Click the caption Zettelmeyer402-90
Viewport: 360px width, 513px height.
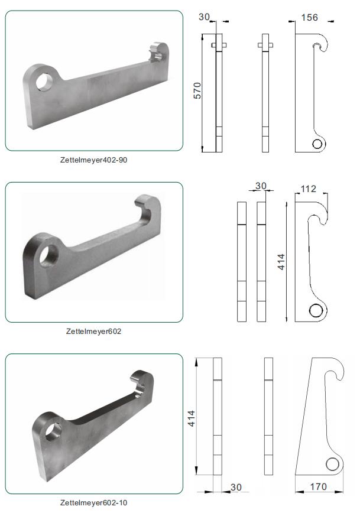point(93,160)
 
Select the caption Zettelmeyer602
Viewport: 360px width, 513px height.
point(93,331)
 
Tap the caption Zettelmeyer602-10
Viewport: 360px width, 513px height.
point(93,502)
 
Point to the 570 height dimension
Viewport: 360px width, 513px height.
point(197,90)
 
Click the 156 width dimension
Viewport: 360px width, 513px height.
point(309,17)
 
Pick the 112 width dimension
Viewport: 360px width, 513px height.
point(309,189)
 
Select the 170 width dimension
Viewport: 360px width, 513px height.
point(319,487)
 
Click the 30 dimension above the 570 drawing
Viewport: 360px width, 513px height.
point(204,17)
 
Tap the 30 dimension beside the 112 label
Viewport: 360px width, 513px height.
point(261,186)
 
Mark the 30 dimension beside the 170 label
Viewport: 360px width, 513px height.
point(236,487)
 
